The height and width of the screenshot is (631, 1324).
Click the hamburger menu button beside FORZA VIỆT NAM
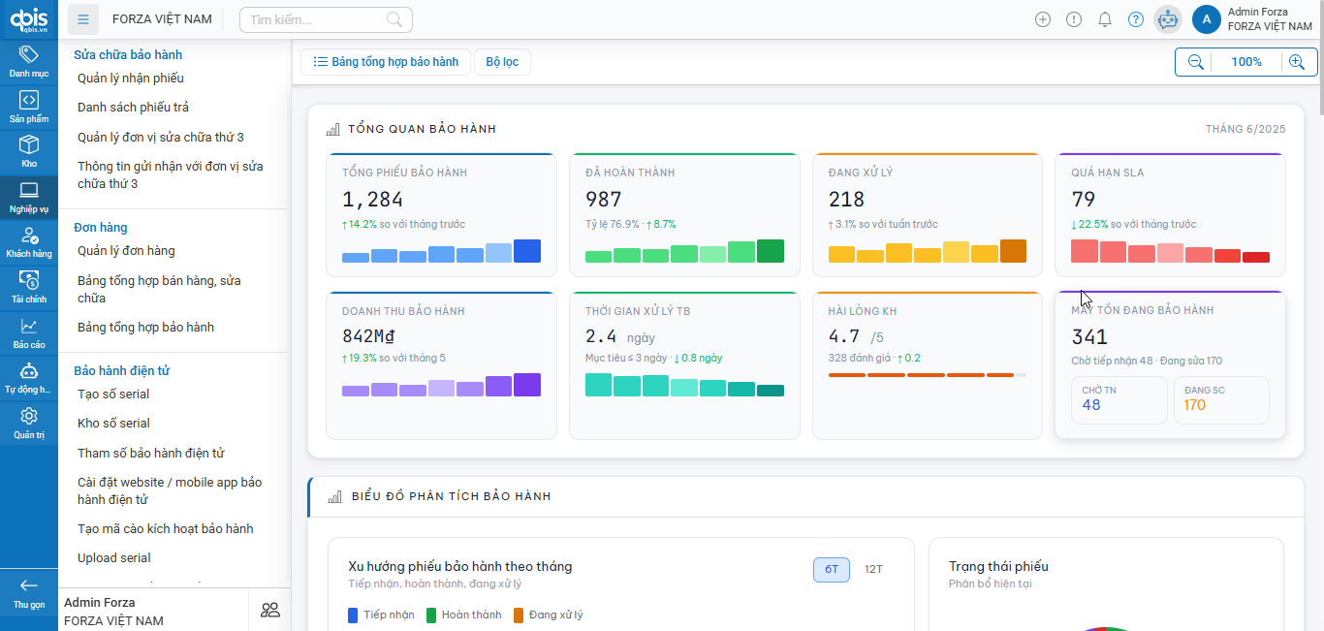point(83,19)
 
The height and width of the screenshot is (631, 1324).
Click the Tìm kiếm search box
point(325,19)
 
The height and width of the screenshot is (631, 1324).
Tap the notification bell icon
point(1104,19)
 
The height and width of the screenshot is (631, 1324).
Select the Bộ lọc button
point(502,62)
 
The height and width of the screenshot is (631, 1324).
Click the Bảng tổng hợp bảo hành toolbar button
point(386,62)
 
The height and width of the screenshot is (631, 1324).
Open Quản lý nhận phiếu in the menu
point(131,79)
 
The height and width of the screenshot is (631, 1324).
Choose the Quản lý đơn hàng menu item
point(126,251)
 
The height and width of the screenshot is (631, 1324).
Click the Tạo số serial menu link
point(113,394)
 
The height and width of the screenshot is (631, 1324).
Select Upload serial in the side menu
point(114,558)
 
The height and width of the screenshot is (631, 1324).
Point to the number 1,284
point(372,200)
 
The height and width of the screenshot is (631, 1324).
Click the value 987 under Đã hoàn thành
point(604,200)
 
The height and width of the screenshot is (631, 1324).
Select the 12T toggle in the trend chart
point(873,569)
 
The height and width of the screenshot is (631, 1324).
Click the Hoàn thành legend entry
point(464,615)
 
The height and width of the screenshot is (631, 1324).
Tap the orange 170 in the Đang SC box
point(1194,405)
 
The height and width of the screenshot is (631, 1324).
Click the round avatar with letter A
point(1206,19)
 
